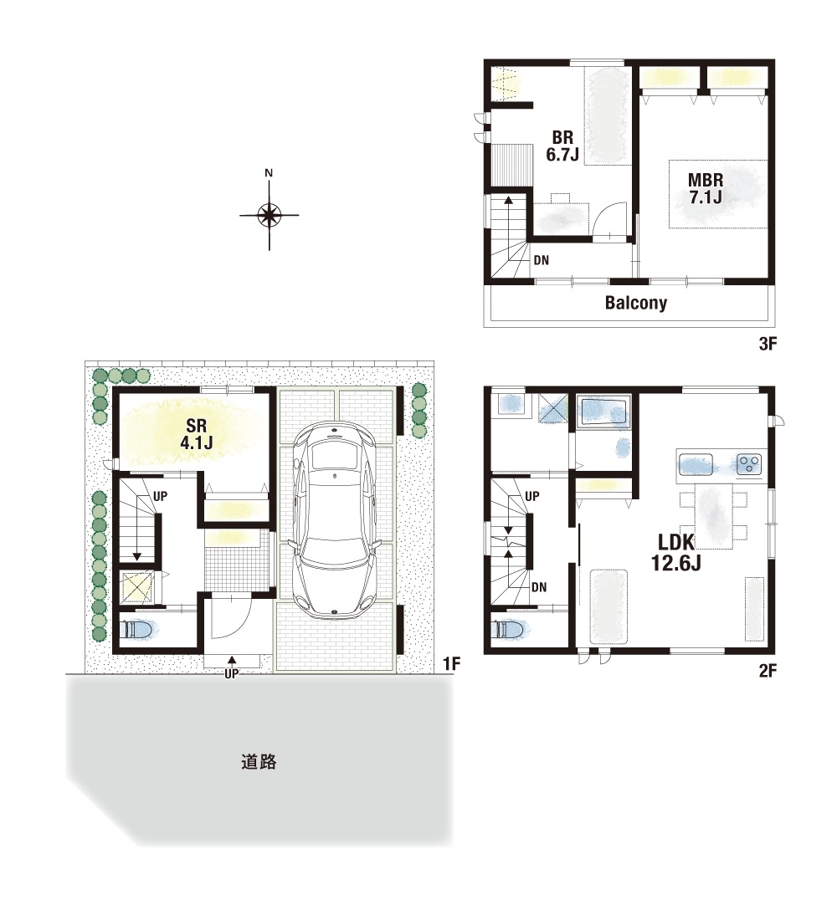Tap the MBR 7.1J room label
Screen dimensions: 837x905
tap(706, 188)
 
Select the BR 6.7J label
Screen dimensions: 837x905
tap(562, 146)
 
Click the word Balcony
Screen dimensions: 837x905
tap(636, 303)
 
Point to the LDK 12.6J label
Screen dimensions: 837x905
tap(676, 552)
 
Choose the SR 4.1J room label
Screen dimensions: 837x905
tap(197, 434)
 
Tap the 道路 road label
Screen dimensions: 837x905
tap(259, 762)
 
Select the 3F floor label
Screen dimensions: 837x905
tap(768, 344)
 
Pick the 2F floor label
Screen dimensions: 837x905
tap(768, 671)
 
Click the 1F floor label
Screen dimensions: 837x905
tap(452, 664)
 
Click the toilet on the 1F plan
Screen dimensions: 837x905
tap(137, 629)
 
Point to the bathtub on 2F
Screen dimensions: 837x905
tap(603, 411)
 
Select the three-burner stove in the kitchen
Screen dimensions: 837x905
tap(749, 464)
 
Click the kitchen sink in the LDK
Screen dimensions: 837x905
tap(696, 464)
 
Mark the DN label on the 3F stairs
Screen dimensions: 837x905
tap(542, 260)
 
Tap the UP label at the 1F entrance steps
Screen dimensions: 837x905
tap(232, 673)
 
